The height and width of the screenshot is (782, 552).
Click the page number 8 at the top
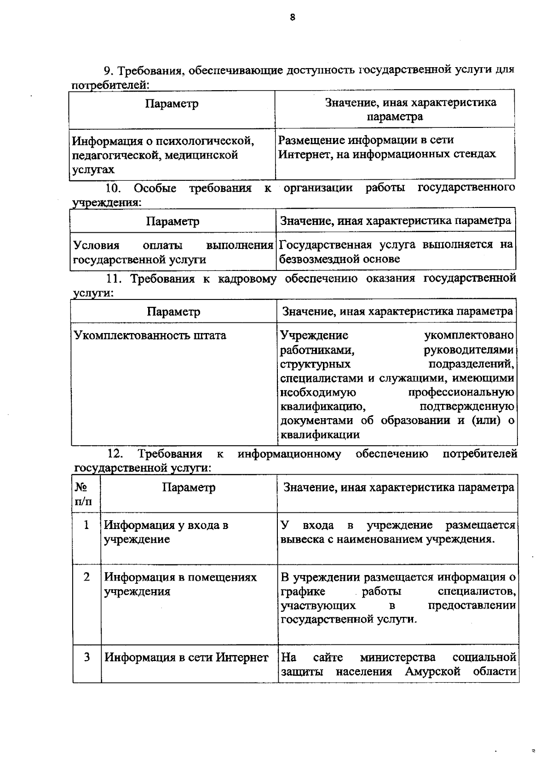[293, 17]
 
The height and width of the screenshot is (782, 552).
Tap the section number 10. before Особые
[113, 188]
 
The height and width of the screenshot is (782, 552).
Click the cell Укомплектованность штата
[150, 335]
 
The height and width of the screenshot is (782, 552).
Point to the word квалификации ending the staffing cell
[320, 435]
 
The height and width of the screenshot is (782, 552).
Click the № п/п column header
[83, 494]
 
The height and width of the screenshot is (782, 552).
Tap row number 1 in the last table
[86, 525]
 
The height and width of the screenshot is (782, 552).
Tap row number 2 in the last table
[86, 577]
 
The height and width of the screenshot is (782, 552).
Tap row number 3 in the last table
[86, 657]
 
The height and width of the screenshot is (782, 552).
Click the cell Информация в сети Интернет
[186, 657]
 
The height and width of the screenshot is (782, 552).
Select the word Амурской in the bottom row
[432, 672]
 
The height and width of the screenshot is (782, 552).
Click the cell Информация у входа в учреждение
[166, 532]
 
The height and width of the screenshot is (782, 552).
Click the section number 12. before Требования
[115, 454]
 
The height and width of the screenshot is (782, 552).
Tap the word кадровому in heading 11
[246, 278]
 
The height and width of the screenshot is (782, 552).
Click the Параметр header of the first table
[172, 103]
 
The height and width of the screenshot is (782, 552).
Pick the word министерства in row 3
[397, 657]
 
